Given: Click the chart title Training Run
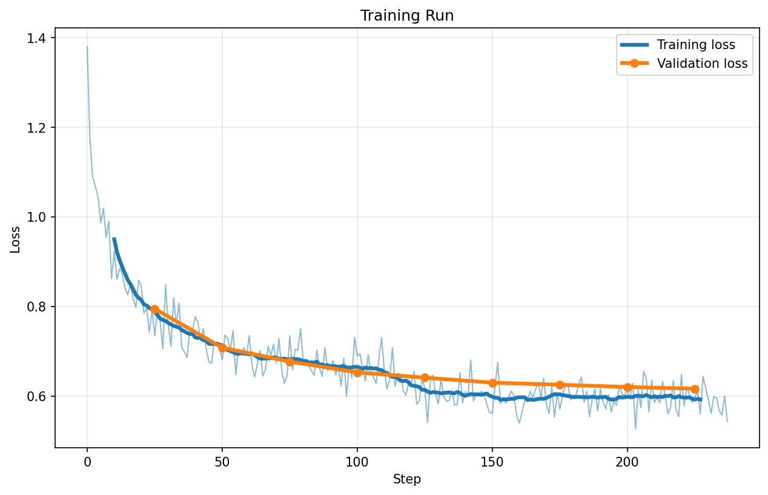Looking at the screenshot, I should [406, 16].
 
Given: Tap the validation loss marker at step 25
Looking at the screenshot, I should [154, 309].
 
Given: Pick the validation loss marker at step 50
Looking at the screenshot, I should [222, 348].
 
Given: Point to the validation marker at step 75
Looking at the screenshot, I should [290, 362].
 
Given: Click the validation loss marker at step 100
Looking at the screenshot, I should [357, 373].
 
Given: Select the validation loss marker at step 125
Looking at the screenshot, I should [425, 377].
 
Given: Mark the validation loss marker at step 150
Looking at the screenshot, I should [492, 383].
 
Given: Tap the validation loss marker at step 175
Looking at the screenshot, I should [560, 385].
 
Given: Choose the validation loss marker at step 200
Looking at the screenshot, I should [627, 387].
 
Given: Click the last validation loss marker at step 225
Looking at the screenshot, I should [695, 389].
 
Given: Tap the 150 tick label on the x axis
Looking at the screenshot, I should [492, 462].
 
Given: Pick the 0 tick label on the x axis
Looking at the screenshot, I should [87, 462].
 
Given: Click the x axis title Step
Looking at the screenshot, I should [406, 479].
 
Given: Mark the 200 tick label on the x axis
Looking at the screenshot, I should [627, 462].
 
